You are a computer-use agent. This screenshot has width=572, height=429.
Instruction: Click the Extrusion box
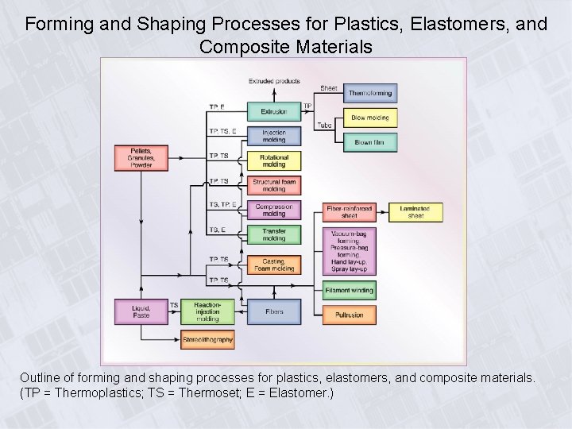point(274,111)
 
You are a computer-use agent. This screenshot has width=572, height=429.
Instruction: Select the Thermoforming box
point(369,93)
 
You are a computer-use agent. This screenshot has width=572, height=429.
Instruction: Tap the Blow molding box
point(369,118)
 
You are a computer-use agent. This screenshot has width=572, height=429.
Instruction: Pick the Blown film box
point(369,142)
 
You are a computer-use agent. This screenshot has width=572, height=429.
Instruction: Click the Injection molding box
point(274,137)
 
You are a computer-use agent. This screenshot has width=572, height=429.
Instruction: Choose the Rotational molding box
point(274,161)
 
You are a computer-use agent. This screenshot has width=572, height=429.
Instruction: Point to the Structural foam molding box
point(274,186)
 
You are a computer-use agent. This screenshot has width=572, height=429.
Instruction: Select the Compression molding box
point(274,211)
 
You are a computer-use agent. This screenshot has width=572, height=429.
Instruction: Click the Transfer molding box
point(274,235)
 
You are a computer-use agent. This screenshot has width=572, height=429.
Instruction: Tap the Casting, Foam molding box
point(274,265)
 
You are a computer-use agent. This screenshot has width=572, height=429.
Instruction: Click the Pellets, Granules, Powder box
point(141,158)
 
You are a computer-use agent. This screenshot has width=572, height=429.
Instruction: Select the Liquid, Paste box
point(141,311)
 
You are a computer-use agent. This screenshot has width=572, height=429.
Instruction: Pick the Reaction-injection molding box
point(207,311)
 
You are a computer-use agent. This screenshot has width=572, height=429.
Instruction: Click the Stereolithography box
point(207,340)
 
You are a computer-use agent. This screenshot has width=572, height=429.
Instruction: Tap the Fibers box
point(274,311)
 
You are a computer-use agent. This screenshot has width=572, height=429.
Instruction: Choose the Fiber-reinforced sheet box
point(349,212)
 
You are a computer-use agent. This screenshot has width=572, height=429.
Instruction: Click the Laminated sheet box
point(415,212)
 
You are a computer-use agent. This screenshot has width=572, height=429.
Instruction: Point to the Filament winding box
point(349,290)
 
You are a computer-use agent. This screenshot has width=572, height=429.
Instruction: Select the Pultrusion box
point(349,315)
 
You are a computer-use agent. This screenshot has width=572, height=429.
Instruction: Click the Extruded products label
point(274,81)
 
